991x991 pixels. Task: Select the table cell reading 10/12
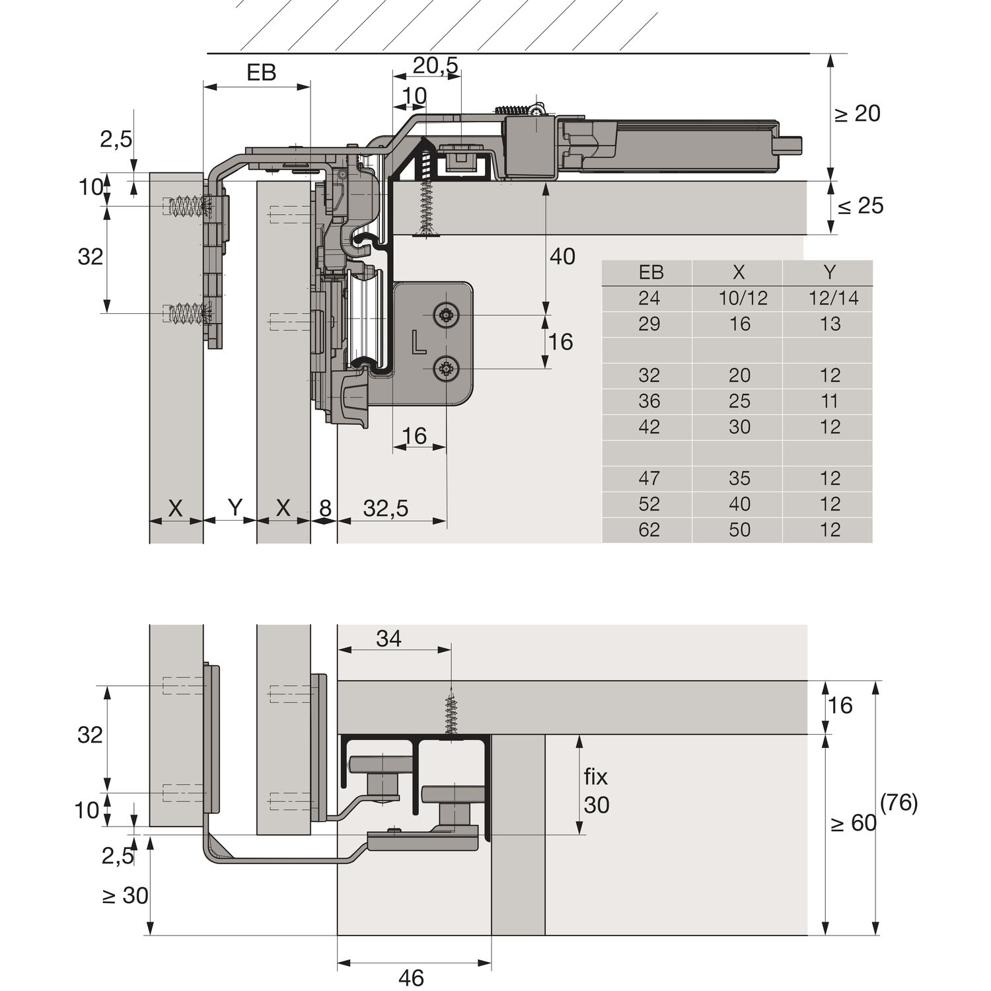743,299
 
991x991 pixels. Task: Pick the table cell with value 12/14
833,299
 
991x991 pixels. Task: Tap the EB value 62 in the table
649,530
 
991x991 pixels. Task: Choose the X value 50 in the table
739,530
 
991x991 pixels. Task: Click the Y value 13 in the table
830,324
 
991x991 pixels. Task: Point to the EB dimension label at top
261,73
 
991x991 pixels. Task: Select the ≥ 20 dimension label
858,114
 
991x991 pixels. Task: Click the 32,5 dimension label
386,508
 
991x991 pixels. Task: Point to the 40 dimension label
562,256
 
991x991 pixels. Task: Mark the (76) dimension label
899,803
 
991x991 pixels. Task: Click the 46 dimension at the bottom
411,977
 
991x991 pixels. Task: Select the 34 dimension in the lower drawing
388,639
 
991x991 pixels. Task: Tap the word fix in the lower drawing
595,777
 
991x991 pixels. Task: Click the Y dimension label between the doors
235,508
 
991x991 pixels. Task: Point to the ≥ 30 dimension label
126,896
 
